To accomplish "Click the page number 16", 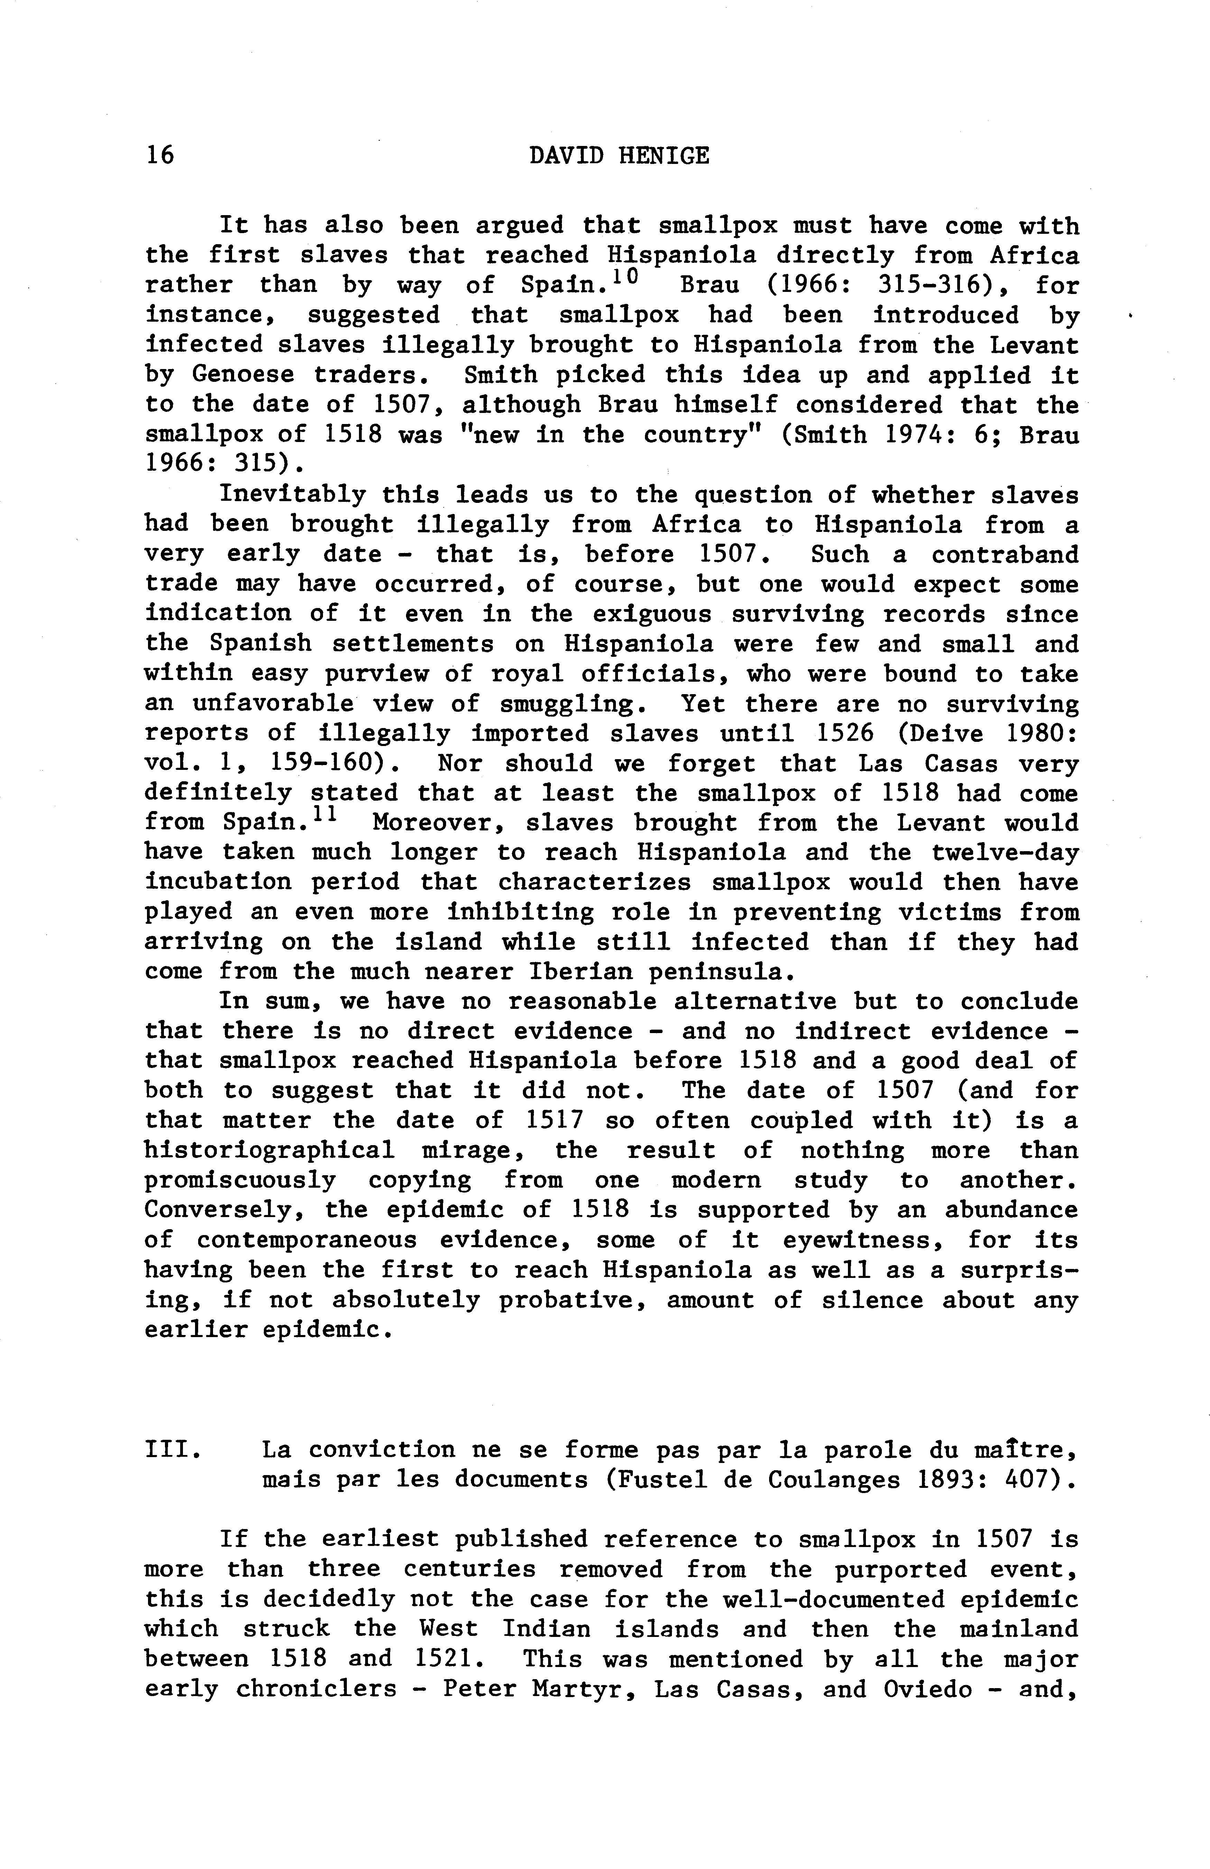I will point(159,156).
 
